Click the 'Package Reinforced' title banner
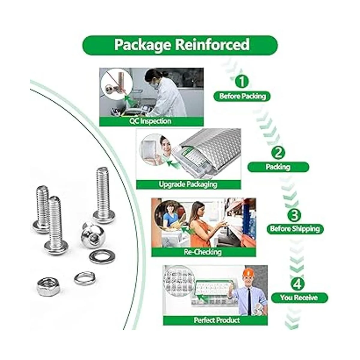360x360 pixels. click(180, 45)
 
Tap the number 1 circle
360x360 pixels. click(242, 82)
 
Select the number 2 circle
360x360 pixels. click(278, 153)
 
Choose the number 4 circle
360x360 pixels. click(298, 284)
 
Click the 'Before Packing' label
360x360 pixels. click(242, 96)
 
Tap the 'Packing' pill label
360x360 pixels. click(278, 167)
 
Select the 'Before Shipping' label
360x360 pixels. click(295, 229)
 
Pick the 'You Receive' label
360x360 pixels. click(299, 298)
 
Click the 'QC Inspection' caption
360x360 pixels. click(151, 121)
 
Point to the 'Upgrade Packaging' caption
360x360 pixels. click(188, 184)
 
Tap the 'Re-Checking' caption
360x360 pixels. click(203, 252)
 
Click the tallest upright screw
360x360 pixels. click(104, 195)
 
